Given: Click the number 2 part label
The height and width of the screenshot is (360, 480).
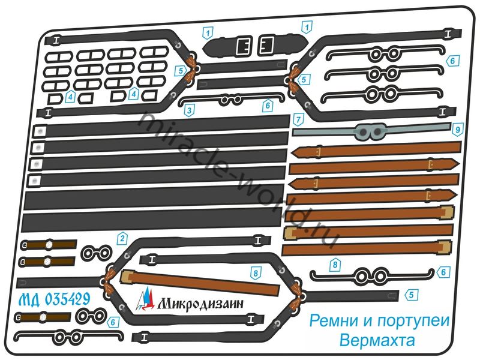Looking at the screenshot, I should (122, 238).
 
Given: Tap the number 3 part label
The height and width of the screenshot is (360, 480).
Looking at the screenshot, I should (189, 110).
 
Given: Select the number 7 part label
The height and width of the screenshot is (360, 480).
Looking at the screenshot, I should (297, 119).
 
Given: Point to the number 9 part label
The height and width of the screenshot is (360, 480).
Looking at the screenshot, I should (457, 128).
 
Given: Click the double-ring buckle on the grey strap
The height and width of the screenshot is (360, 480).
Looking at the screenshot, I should (370, 130).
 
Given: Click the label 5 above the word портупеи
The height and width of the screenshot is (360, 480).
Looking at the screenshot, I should (411, 294).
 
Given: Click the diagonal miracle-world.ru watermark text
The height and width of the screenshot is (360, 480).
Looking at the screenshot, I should (234, 180).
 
